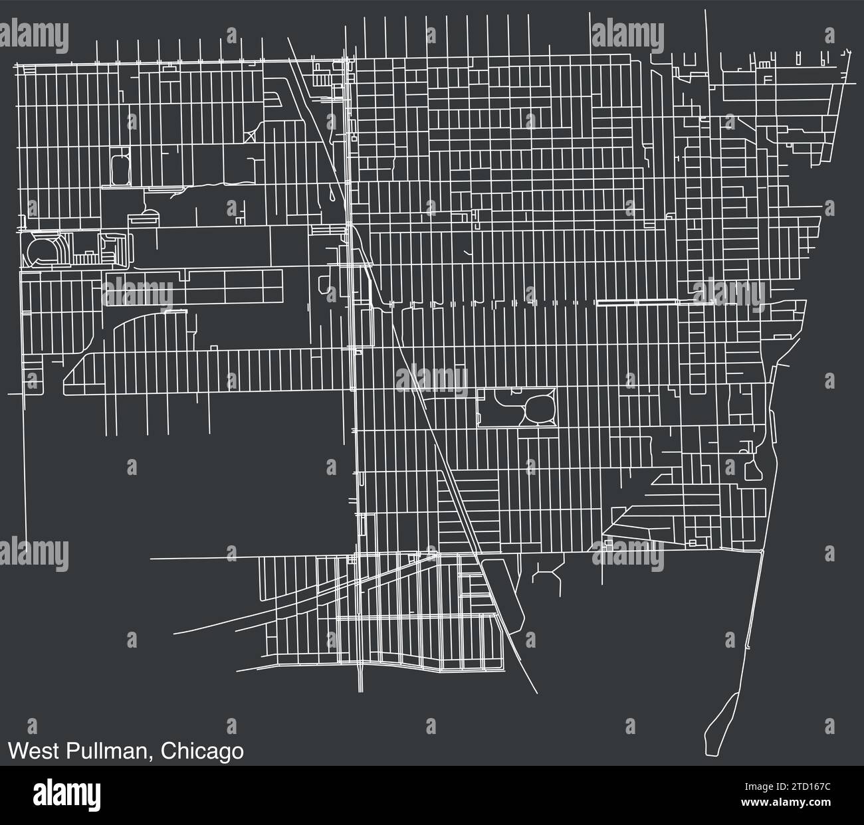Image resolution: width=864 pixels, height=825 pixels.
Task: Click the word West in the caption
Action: click(x=33, y=751)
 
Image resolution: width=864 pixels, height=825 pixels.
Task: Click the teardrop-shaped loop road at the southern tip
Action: click(x=719, y=724)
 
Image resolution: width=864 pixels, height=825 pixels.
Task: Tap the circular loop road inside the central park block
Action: click(x=537, y=409)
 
